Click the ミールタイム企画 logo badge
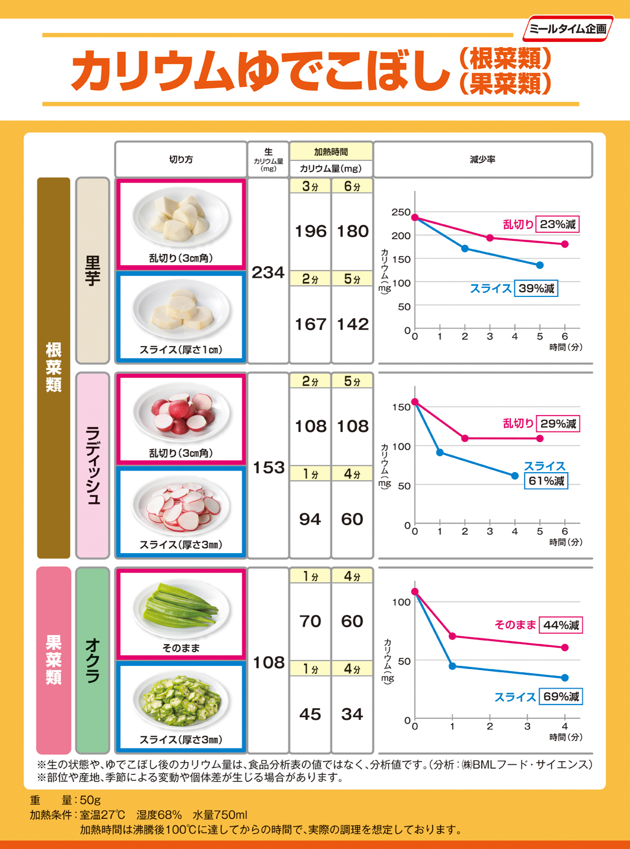click(x=568, y=29)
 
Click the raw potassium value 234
click(x=268, y=273)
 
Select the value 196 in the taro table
click(x=311, y=231)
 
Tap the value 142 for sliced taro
click(x=353, y=324)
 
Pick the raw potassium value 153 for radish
click(x=268, y=467)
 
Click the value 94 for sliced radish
click(x=310, y=519)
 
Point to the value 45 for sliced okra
click(x=310, y=714)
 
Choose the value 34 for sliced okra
click(x=352, y=714)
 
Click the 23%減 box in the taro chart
click(x=558, y=224)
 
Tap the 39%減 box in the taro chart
click(x=536, y=288)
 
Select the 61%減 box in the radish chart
click(x=546, y=481)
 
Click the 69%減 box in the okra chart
click(x=561, y=697)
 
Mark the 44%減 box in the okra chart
click(x=561, y=625)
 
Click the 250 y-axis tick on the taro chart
click(x=401, y=212)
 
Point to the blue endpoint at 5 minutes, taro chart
click(x=540, y=265)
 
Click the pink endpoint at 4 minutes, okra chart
click(x=565, y=647)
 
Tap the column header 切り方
click(x=181, y=159)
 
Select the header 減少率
click(x=482, y=159)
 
